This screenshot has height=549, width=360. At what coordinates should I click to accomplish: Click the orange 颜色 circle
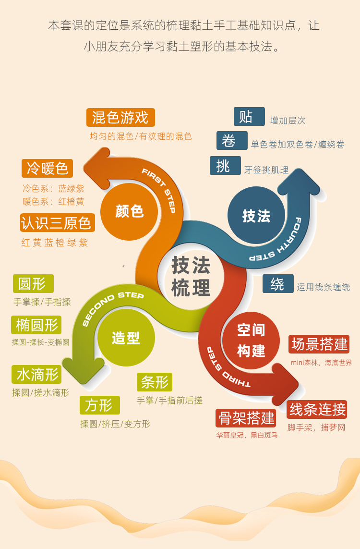[129, 211]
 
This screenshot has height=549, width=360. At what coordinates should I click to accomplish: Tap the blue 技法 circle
[256, 215]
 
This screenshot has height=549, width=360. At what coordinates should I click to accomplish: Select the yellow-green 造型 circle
[126, 338]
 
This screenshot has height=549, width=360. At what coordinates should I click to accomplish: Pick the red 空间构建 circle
[251, 340]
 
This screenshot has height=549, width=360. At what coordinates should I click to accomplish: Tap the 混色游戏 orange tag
[120, 117]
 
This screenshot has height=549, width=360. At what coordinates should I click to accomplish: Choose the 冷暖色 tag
[47, 168]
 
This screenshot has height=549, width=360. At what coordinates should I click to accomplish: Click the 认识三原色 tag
[57, 223]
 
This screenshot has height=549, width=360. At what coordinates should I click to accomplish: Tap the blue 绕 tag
[278, 284]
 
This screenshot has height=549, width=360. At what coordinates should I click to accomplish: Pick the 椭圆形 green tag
[36, 325]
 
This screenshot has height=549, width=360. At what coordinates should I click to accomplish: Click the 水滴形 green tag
[36, 374]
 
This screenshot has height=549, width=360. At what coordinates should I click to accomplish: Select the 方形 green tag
[99, 405]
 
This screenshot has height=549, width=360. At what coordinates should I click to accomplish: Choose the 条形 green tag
[155, 382]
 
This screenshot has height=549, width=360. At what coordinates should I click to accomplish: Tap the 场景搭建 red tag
[319, 344]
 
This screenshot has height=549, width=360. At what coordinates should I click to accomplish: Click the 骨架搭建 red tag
[246, 418]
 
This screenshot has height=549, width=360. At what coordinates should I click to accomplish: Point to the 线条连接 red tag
[317, 410]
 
